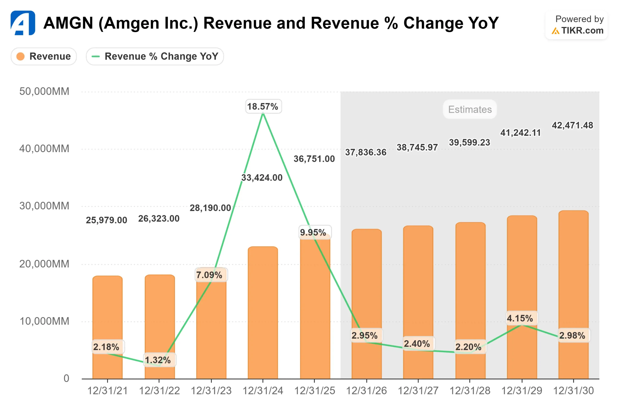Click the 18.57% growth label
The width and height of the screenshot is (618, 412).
tap(263, 107)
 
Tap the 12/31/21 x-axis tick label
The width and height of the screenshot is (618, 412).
tap(107, 391)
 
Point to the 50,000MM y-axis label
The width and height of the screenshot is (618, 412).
tap(44, 92)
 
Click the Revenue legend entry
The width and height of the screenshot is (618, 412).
tap(44, 56)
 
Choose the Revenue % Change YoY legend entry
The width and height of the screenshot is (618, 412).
tap(155, 56)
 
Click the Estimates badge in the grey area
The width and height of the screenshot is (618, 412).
tap(470, 109)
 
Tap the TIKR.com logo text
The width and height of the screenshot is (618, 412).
tap(582, 31)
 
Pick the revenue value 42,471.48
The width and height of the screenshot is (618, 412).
tap(572, 125)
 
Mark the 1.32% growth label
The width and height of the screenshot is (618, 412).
tap(158, 360)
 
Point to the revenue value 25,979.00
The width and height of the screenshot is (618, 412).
tap(106, 220)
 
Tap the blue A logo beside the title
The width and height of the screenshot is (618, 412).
tap(23, 23)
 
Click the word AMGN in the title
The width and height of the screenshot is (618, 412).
tap(68, 23)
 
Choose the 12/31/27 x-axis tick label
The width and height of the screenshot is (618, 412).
tap(418, 391)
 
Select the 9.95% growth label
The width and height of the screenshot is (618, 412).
tap(313, 232)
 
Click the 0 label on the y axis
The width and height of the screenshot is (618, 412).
tap(66, 378)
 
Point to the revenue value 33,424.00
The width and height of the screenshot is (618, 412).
tap(262, 178)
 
